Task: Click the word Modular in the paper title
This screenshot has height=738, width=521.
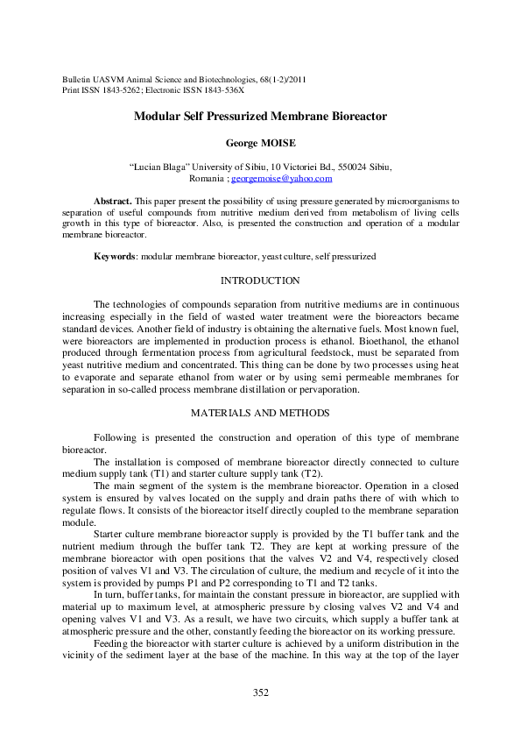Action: click(x=156, y=116)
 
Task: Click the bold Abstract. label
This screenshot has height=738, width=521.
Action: click(x=115, y=201)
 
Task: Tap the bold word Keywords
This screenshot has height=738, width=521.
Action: click(x=115, y=256)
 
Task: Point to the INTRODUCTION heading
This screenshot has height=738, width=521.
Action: click(x=260, y=280)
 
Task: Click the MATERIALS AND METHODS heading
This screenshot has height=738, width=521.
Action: click(x=260, y=412)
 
